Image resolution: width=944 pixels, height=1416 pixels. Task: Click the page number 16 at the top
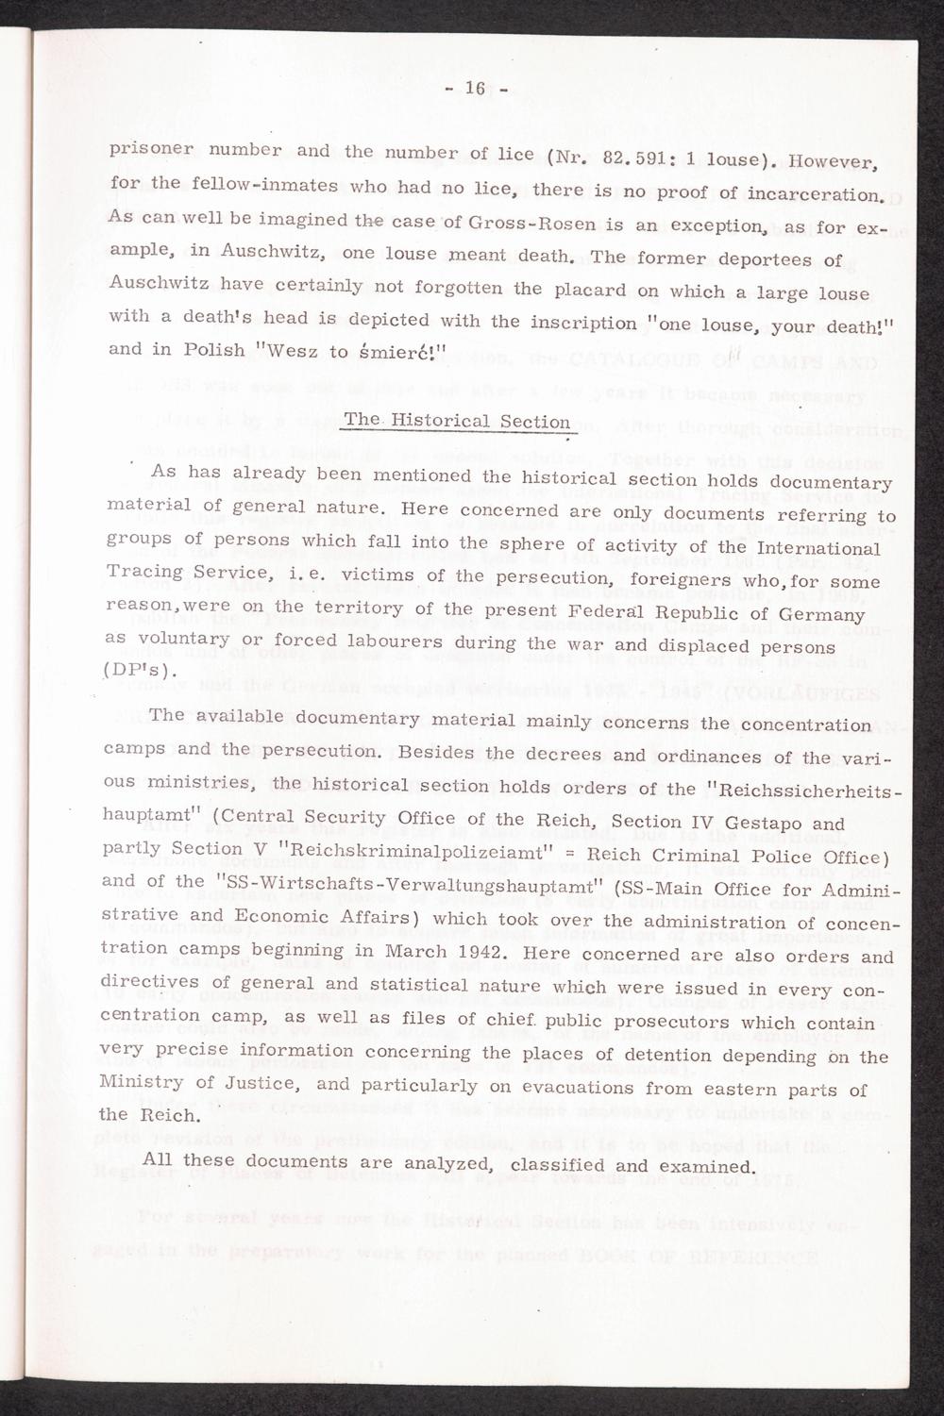click(x=474, y=89)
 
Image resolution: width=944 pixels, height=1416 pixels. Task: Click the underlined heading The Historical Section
click(x=457, y=422)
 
